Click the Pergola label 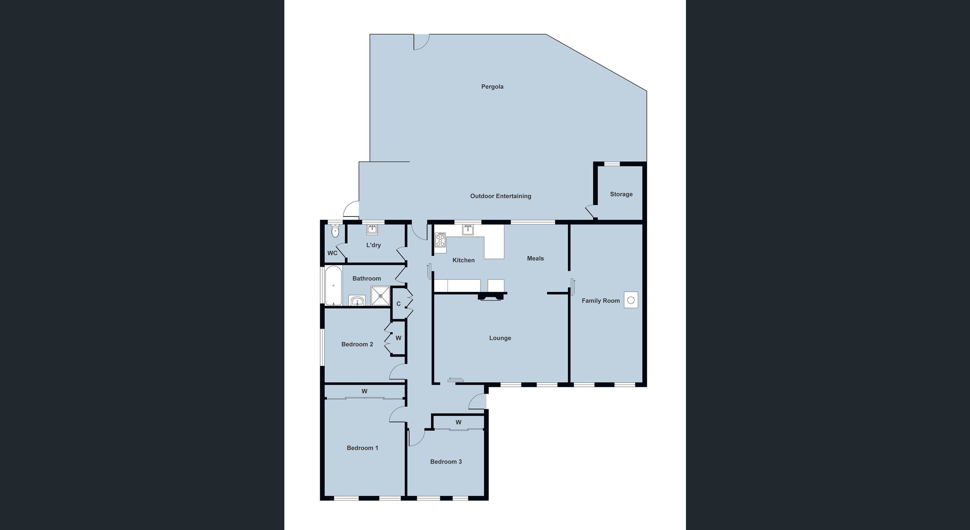(x=492, y=87)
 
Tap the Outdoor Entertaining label (x=501, y=196)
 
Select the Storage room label (x=621, y=194)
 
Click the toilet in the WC (x=335, y=231)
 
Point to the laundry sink (x=372, y=229)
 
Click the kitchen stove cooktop (x=440, y=240)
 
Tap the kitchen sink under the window (x=468, y=230)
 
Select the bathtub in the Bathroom (x=333, y=286)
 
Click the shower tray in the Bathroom (x=380, y=296)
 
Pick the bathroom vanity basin (x=357, y=301)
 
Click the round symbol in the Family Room (x=631, y=300)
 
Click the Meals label (x=535, y=258)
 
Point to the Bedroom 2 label (x=357, y=344)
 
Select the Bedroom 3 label (x=446, y=462)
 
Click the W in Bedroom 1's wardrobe (x=364, y=391)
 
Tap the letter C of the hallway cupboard (x=398, y=304)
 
